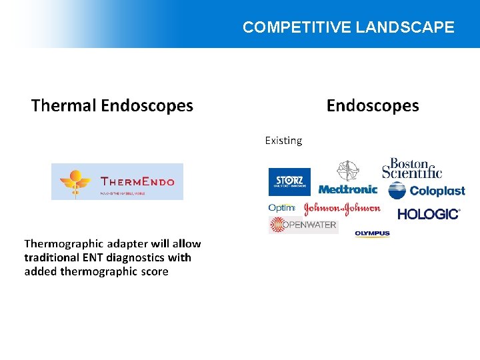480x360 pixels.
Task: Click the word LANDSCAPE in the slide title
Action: pyautogui.click(x=405, y=27)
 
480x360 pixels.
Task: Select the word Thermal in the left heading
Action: pyautogui.click(x=63, y=105)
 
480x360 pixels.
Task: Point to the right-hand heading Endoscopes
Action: pyautogui.click(x=373, y=105)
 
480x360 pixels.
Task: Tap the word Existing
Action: pyautogui.click(x=283, y=141)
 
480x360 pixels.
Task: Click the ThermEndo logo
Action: pyautogui.click(x=117, y=181)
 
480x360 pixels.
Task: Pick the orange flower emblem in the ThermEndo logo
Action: pyautogui.click(x=75, y=180)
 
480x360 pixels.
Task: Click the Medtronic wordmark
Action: pyautogui.click(x=347, y=189)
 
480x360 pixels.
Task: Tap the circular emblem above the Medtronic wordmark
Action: pyautogui.click(x=347, y=171)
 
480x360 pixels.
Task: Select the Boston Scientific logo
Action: pyautogui.click(x=412, y=168)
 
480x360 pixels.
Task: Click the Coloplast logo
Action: pyautogui.click(x=427, y=191)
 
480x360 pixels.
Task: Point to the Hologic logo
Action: pyautogui.click(x=429, y=214)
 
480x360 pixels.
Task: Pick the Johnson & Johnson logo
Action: pyautogui.click(x=342, y=209)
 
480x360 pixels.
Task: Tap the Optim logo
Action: pyautogui.click(x=281, y=208)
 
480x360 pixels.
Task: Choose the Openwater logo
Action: pyautogui.click(x=303, y=225)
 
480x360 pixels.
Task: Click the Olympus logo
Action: pyautogui.click(x=372, y=233)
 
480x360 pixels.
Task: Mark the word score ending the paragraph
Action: pyautogui.click(x=155, y=271)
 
